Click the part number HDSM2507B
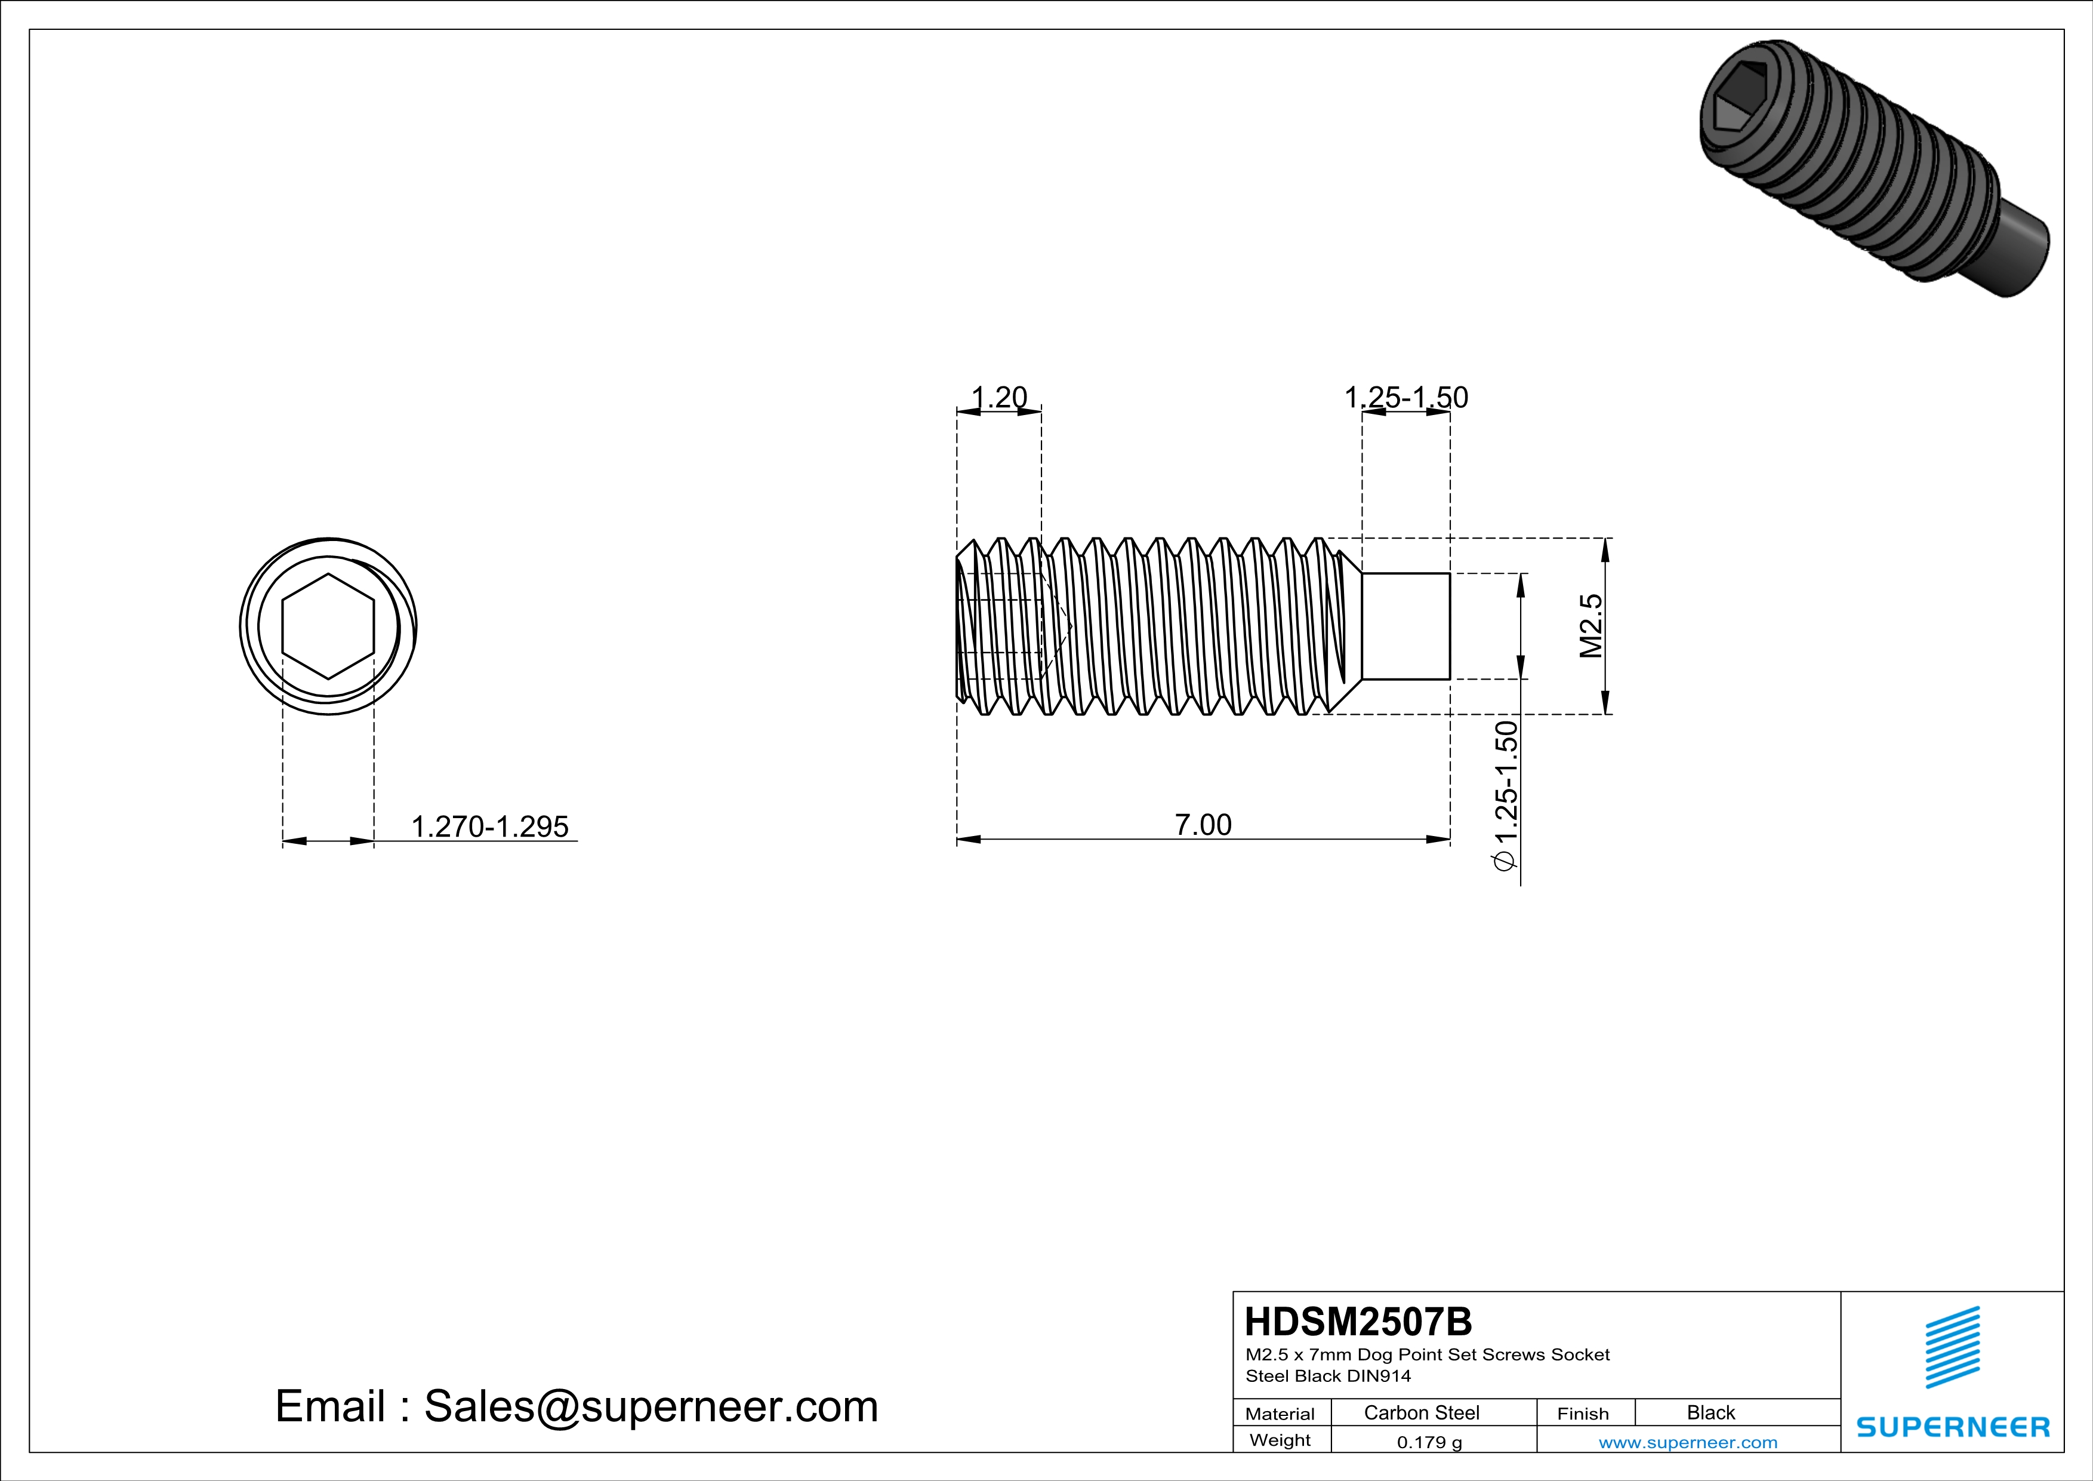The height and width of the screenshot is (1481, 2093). point(1357,1322)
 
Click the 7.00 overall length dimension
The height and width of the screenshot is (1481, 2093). point(1203,824)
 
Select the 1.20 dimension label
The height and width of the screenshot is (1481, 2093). point(999,398)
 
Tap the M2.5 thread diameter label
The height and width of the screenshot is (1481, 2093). point(1590,626)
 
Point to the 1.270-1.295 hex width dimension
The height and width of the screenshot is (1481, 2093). point(489,826)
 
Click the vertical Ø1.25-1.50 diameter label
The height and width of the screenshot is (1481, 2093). point(1505,795)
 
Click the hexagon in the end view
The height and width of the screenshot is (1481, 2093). point(328,626)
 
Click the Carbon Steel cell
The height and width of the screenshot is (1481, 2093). point(1421,1412)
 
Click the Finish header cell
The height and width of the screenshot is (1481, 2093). point(1583,1414)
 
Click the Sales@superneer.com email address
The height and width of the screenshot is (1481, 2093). point(651,1406)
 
